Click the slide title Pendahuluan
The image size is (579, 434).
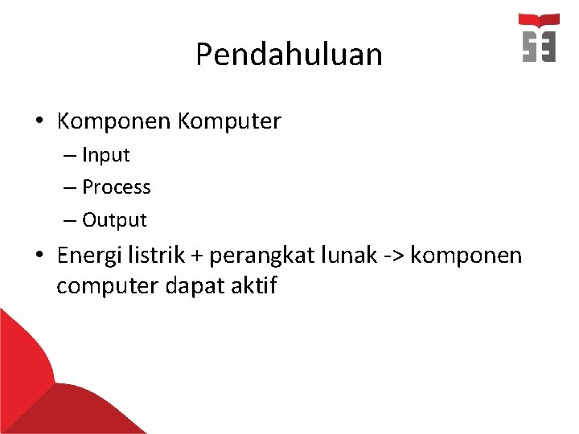tap(289, 55)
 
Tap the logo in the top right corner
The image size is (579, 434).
tap(539, 38)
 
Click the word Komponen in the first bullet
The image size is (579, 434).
tap(113, 121)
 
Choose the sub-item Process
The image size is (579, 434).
tap(117, 187)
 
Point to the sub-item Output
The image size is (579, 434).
tap(114, 219)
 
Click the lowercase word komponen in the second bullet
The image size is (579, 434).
tap(466, 256)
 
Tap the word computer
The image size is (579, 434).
tap(108, 286)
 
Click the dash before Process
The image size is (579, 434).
tap(70, 187)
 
